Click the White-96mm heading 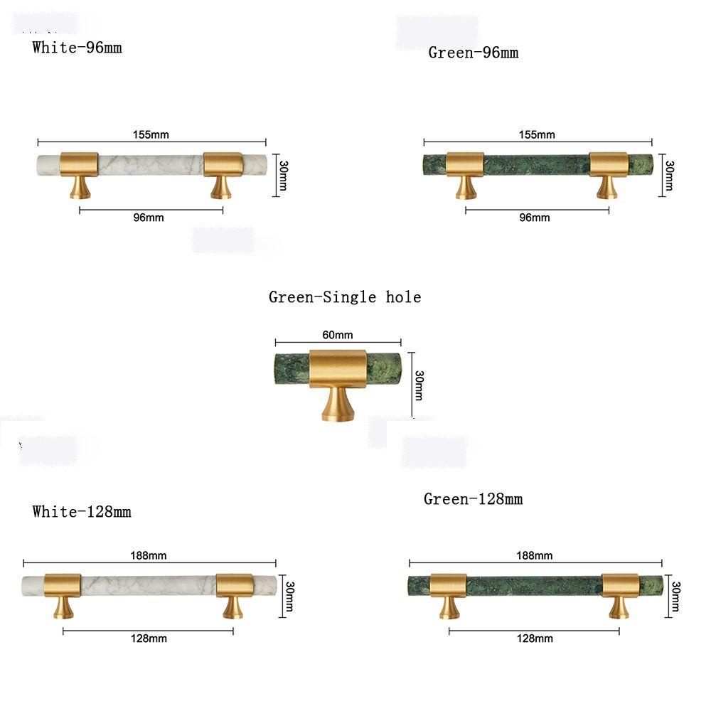pos(77,48)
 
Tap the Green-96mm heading pos(474,53)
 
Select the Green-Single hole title pos(345,297)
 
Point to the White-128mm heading pos(82,512)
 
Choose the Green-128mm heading pos(474,499)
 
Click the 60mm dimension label pos(337,335)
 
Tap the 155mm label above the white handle pos(151,134)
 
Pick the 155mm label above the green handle pos(537,134)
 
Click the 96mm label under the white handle pos(149,218)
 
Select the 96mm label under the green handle pos(535,218)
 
